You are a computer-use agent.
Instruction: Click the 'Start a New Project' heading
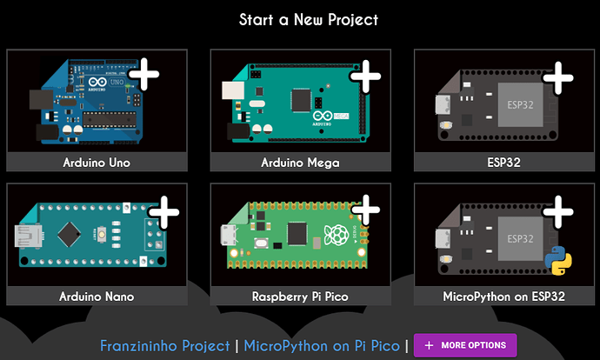coord(309,20)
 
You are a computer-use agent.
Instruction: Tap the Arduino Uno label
coord(97,163)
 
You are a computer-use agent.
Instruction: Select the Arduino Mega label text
coord(300,163)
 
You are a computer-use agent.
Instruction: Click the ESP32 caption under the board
coord(504,163)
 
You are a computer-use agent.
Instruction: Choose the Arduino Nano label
coord(97,297)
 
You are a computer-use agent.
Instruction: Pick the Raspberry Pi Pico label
coord(300,297)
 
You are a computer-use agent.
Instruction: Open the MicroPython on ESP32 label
coord(504,297)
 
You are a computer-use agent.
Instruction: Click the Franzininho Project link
coord(165,346)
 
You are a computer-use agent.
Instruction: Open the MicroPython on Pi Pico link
coord(322,346)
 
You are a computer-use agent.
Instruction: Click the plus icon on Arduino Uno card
coord(144,74)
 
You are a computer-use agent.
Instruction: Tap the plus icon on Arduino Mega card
coord(366,77)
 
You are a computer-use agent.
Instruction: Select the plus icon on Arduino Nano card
coord(164,213)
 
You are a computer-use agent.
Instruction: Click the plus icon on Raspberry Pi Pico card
coord(366,210)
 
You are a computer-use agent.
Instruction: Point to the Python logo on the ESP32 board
coord(558,260)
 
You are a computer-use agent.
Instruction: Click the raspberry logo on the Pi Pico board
coord(336,236)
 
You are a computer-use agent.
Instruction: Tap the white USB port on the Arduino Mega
coord(233,90)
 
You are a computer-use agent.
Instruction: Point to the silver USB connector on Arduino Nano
coord(28,236)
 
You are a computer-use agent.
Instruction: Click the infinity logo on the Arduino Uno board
coord(97,82)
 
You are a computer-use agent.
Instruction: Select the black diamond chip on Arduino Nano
coord(69,234)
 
